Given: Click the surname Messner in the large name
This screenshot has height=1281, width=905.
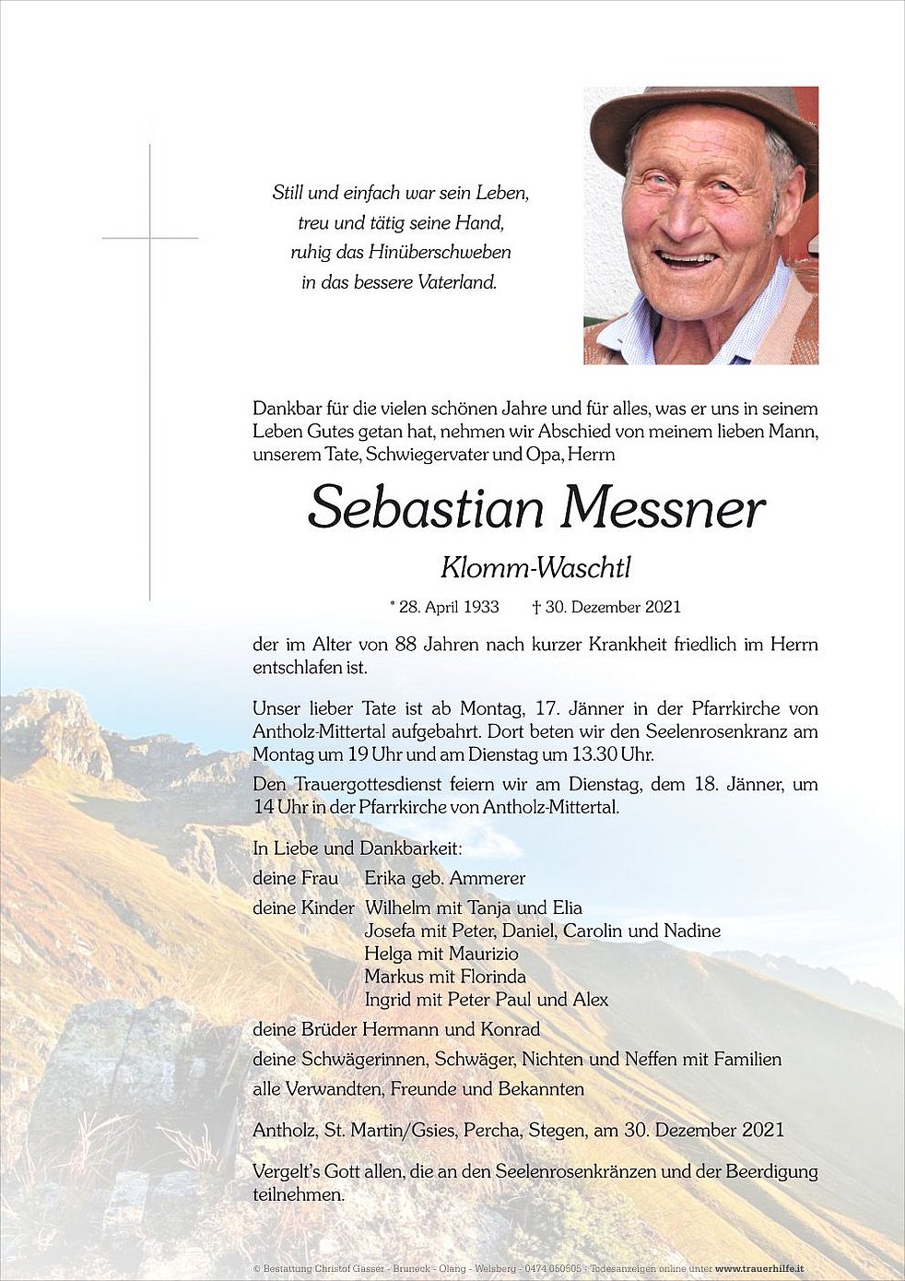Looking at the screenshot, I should point(664,509).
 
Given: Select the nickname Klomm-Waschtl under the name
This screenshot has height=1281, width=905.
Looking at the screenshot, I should point(535,568).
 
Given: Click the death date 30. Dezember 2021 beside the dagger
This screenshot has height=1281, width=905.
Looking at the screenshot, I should point(613,607).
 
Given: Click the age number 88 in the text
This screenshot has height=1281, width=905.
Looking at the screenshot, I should point(406,645).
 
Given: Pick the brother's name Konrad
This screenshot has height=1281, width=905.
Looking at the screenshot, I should point(510,1029).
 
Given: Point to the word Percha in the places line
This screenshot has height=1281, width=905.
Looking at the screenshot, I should point(491,1130).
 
